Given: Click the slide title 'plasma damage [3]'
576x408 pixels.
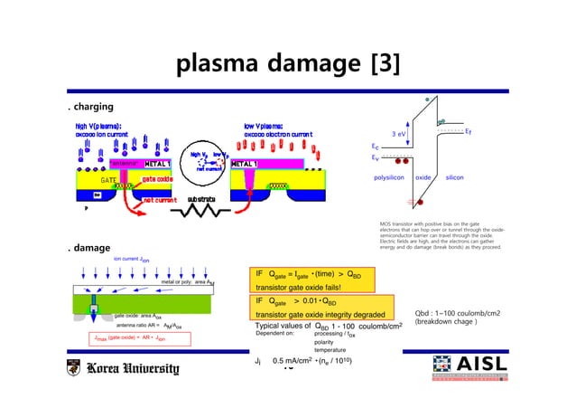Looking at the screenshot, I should tap(288, 64).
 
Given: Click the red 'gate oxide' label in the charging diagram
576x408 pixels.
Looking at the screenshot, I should tap(156, 179).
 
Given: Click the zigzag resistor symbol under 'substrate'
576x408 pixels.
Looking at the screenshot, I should tap(202, 217).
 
